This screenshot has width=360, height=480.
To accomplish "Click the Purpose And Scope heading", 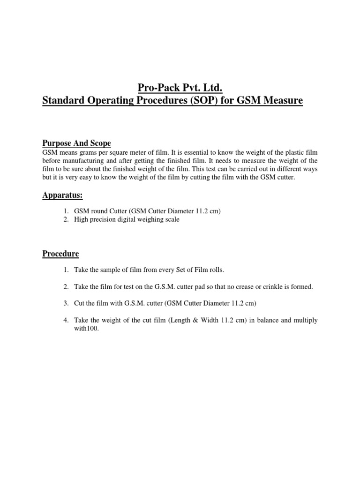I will [76, 142].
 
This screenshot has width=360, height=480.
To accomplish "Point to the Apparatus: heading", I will [63, 195].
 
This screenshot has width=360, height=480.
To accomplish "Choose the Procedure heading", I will [61, 254].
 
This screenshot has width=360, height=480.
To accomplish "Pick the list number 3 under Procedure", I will [66, 303].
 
